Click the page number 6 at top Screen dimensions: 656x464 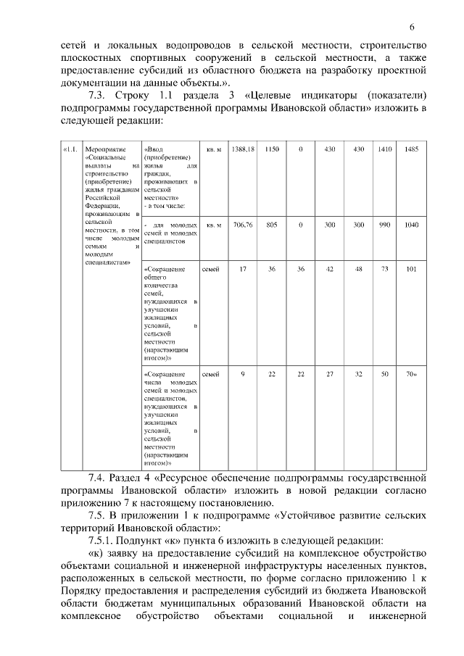point(411,28)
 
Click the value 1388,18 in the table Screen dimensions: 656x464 point(243,149)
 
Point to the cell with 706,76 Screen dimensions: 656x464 point(243,225)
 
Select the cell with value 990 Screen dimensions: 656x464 point(384,225)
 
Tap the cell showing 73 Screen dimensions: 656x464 point(384,269)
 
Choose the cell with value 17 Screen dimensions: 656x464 point(243,269)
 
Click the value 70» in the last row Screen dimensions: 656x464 point(412,374)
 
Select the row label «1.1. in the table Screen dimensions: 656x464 point(70,149)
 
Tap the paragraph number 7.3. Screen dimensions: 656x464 point(98,96)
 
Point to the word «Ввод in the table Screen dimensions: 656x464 point(154,149)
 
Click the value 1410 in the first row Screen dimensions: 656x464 point(384,149)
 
